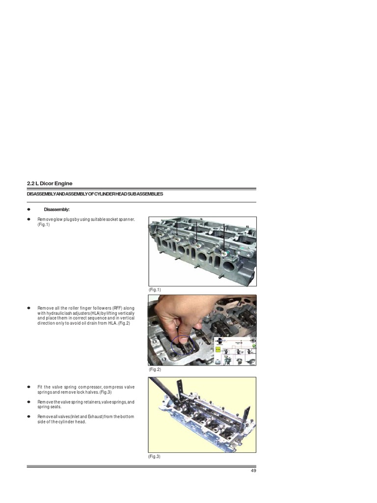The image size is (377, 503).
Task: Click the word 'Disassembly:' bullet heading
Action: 56,209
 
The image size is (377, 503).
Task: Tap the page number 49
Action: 253,470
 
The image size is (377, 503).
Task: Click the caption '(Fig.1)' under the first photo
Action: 155,290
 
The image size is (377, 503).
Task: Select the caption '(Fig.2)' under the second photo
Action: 155,369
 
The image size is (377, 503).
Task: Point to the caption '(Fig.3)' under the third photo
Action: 155,456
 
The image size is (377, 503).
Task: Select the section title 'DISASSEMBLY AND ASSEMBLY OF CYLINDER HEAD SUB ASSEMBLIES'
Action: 95,194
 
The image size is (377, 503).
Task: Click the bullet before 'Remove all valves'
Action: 29,417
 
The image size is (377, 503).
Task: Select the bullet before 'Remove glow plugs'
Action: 29,219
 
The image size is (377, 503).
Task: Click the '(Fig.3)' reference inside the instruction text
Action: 106,392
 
